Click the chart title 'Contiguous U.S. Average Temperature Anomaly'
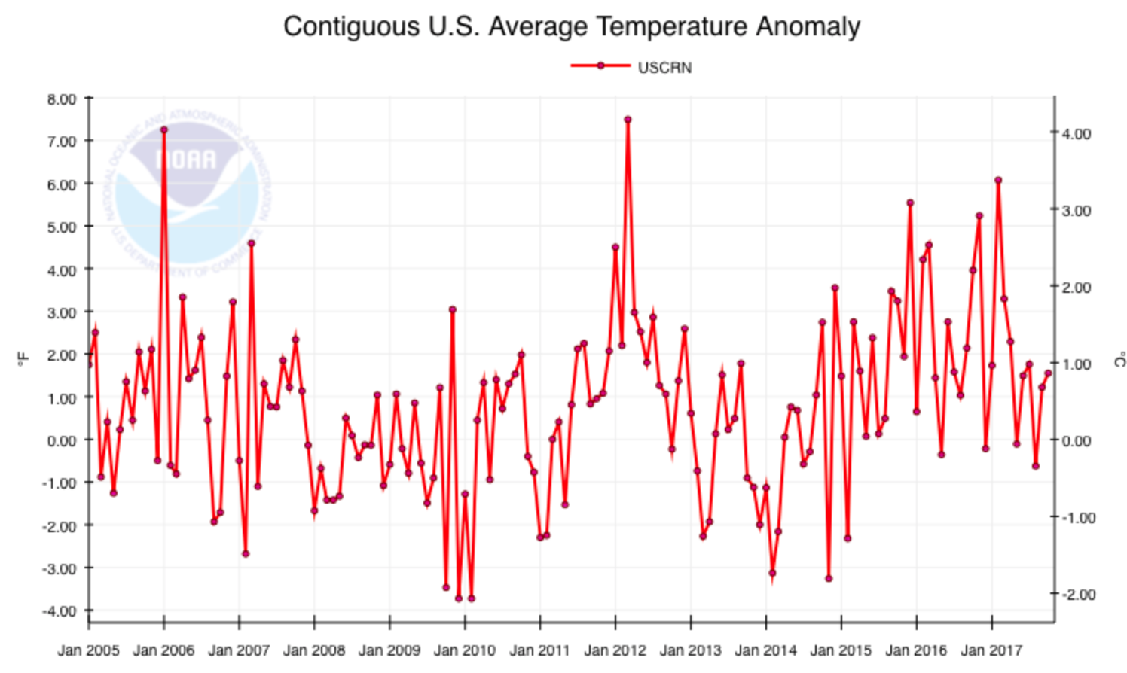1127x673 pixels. click(571, 27)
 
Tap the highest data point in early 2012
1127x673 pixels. click(628, 120)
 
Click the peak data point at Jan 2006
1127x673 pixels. click(164, 130)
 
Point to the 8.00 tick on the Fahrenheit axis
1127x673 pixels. click(61, 99)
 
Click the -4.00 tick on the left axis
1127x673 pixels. click(60, 611)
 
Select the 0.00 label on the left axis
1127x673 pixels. click(61, 440)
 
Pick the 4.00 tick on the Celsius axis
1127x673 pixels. click(1076, 133)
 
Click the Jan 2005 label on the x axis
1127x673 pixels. click(88, 650)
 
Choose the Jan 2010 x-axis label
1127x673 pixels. click(464, 650)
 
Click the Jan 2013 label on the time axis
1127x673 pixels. click(690, 650)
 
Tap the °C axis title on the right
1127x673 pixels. click(1119, 361)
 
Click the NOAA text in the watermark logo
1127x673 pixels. click(185, 160)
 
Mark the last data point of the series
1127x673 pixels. click(1048, 373)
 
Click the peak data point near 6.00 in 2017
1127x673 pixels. click(998, 181)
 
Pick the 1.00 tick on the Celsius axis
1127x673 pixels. click(1076, 364)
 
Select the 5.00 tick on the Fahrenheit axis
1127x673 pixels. click(61, 227)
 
